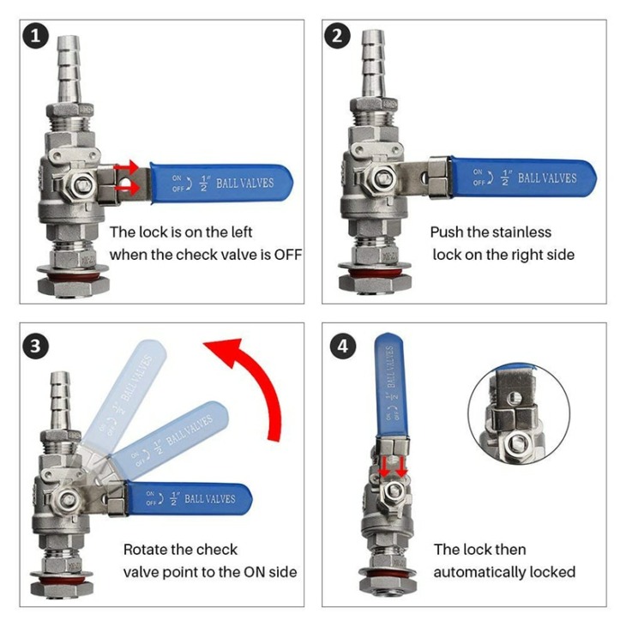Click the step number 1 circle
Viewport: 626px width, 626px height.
(35, 36)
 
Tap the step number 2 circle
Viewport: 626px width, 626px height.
(337, 36)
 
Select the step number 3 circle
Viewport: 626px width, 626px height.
(35, 346)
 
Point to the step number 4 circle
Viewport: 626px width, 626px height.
(343, 346)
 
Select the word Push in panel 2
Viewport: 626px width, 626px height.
(445, 232)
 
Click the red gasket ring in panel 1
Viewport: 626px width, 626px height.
(73, 276)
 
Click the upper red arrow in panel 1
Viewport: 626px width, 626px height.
(126, 166)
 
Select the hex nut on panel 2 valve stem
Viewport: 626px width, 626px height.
(383, 177)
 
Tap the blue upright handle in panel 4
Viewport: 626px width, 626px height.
(390, 385)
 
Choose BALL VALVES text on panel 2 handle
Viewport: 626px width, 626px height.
(547, 178)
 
